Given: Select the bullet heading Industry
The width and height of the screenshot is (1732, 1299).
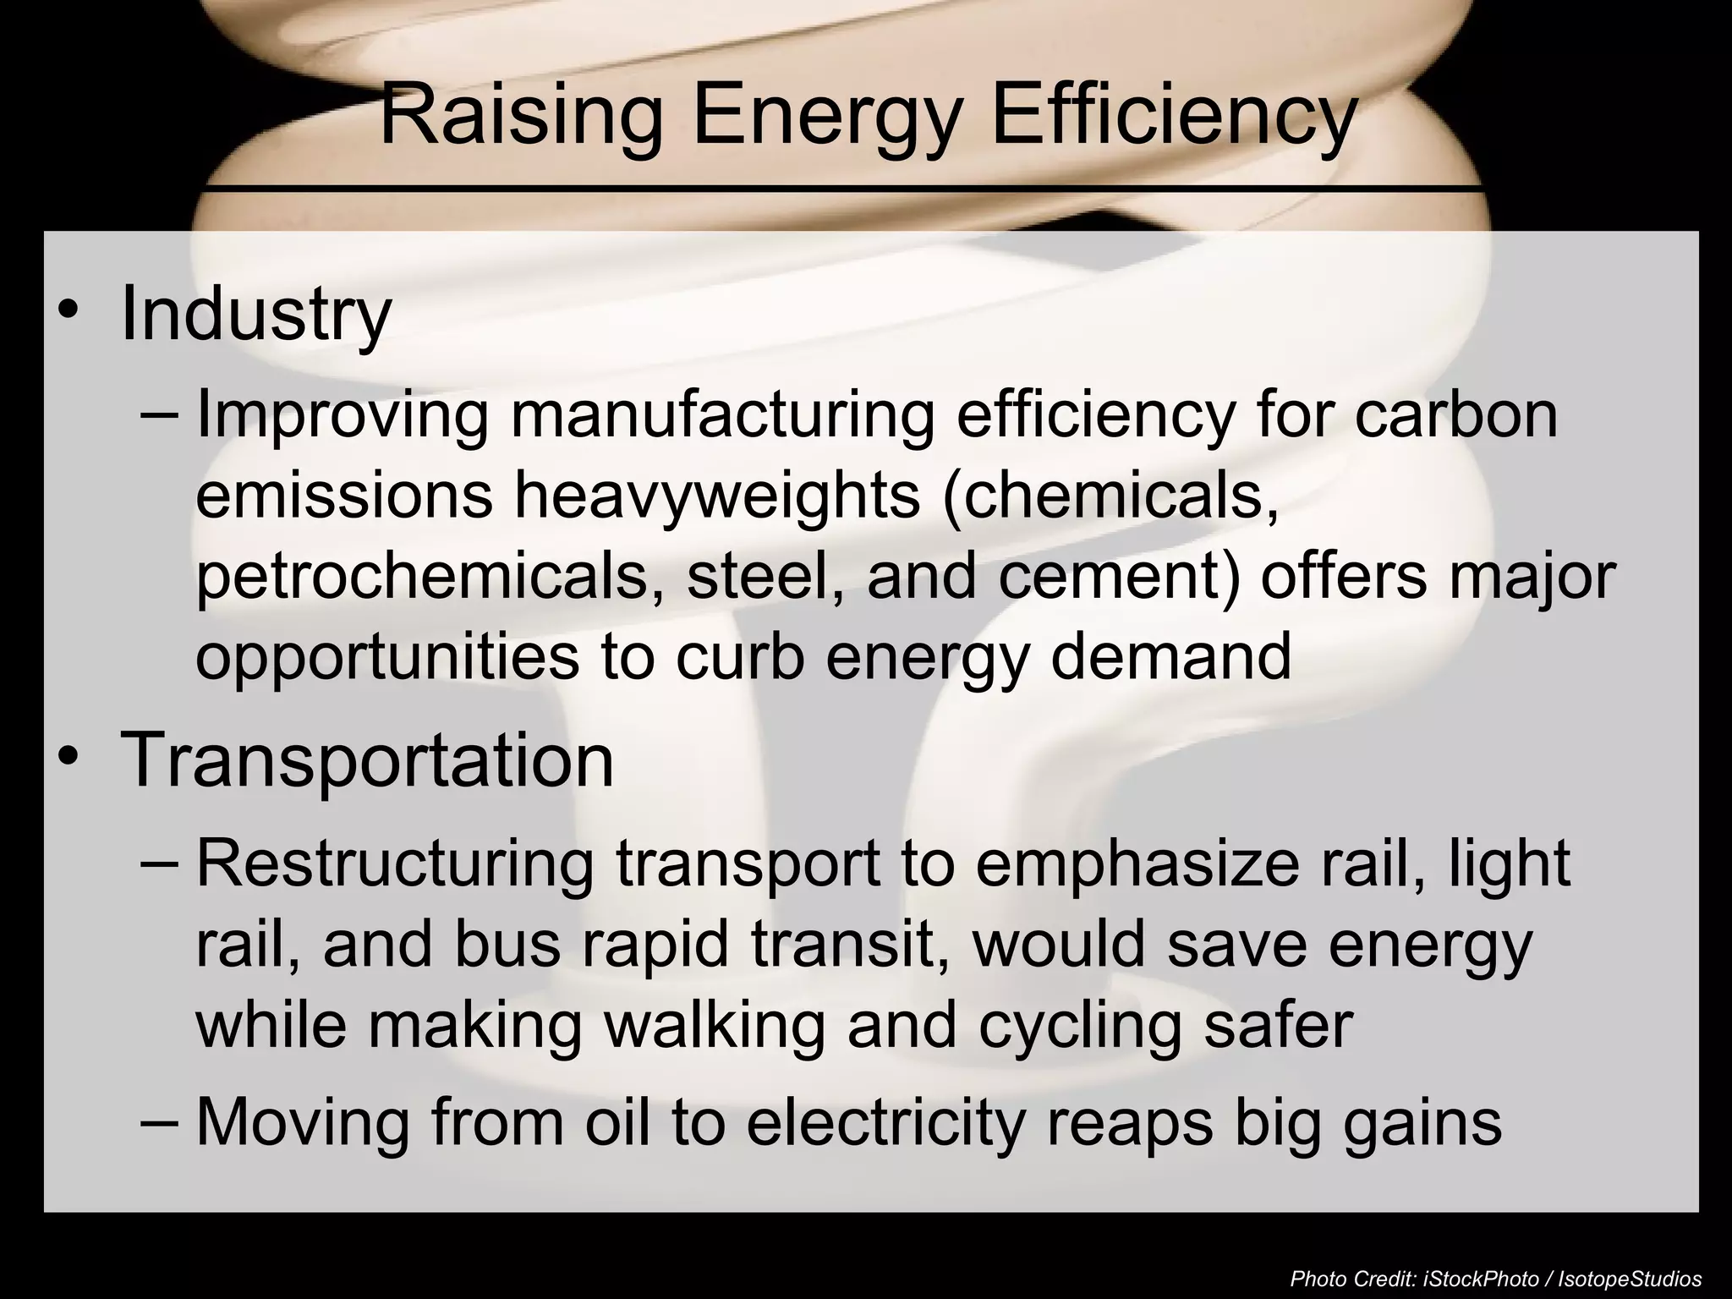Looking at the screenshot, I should click(255, 315).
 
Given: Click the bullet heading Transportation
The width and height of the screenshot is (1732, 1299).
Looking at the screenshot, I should click(367, 759).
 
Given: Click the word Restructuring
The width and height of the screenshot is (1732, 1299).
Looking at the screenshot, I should click(395, 863).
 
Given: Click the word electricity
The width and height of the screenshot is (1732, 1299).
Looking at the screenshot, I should click(885, 1122).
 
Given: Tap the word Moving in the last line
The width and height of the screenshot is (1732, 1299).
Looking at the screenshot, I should click(304, 1122).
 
